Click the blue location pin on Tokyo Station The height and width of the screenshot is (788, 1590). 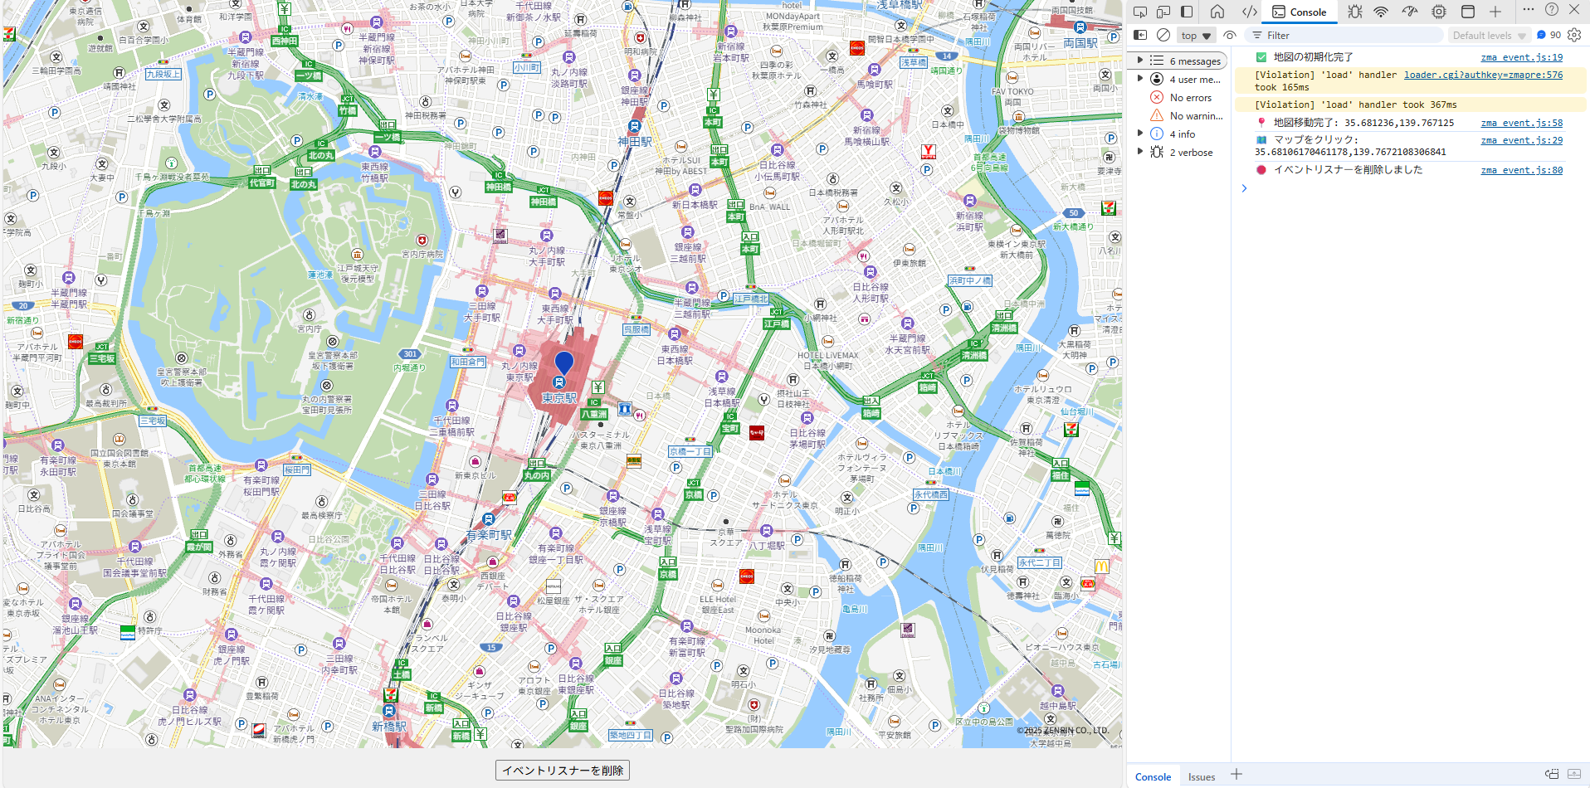(x=563, y=362)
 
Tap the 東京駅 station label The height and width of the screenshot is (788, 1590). (x=558, y=398)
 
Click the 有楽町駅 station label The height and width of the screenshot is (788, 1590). (x=489, y=535)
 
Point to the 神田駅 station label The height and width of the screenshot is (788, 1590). (x=634, y=142)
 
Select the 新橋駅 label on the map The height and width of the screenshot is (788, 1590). (x=389, y=727)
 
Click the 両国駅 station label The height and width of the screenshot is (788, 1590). (x=1080, y=42)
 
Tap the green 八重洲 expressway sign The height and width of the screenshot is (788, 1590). (x=594, y=413)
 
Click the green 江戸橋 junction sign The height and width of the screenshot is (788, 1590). (x=777, y=323)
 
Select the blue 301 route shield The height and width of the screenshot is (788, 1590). (x=410, y=354)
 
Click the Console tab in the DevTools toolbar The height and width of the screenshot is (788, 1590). (x=1300, y=12)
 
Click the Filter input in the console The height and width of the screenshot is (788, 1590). (x=1344, y=36)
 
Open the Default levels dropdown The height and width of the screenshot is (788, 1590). (x=1489, y=36)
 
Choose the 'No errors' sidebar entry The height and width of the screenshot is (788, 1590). (x=1190, y=98)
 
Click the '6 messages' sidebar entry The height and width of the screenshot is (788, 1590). (x=1194, y=61)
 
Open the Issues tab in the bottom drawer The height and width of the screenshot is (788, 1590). (x=1201, y=776)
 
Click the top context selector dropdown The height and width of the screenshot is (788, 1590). (x=1196, y=36)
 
